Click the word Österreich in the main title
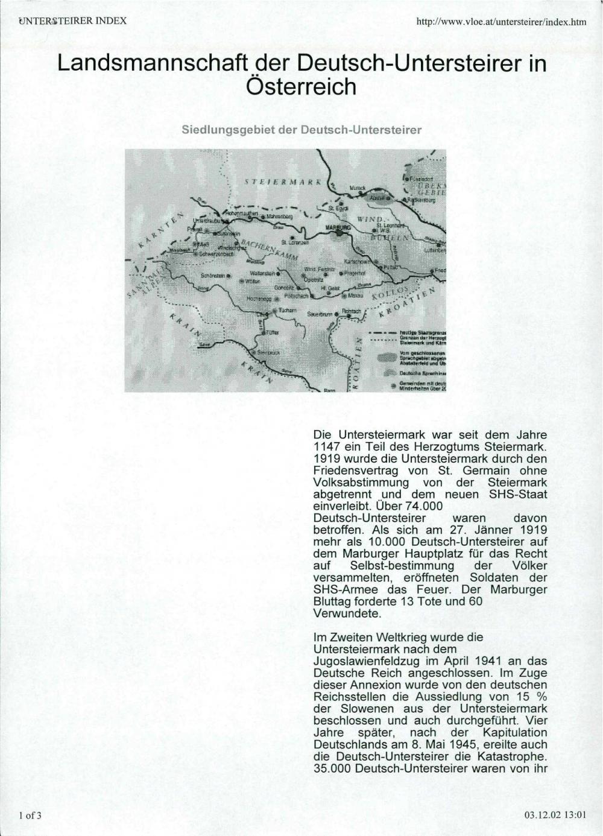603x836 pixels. (301, 87)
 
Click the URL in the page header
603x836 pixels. (501, 22)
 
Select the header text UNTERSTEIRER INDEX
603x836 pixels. (72, 21)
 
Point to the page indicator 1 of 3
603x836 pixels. (30, 815)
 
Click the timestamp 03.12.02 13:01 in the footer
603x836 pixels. (555, 815)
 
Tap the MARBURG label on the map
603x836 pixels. (338, 227)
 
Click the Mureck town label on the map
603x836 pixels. (358, 188)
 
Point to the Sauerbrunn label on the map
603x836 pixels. (320, 314)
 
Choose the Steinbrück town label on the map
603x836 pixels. (268, 352)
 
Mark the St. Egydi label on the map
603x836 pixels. (333, 208)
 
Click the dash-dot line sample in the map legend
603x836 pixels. (382, 332)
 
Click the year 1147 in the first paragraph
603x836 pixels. (327, 447)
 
